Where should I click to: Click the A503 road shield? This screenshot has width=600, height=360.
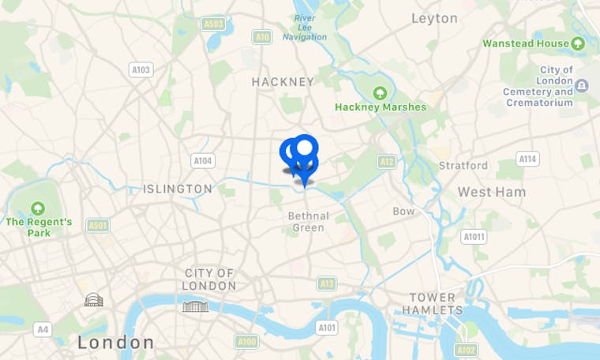click(x=213, y=24)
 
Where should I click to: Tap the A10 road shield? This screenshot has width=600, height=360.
click(x=262, y=37)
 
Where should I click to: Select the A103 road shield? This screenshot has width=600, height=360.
click(x=141, y=70)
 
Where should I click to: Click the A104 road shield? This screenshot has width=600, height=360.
click(x=203, y=161)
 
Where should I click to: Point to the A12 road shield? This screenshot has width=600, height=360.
click(x=387, y=162)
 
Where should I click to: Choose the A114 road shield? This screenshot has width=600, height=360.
click(x=528, y=159)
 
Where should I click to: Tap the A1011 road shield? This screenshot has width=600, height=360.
click(x=474, y=237)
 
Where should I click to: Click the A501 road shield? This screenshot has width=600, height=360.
click(x=98, y=226)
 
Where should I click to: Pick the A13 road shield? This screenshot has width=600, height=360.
click(x=327, y=283)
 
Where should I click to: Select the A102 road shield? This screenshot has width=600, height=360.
click(x=466, y=350)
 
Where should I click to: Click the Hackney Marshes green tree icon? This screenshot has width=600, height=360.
click(x=380, y=93)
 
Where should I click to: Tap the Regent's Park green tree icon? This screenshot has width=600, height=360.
click(x=38, y=208)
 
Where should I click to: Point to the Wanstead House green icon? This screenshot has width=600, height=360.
click(x=580, y=43)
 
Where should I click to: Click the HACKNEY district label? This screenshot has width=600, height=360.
click(x=283, y=82)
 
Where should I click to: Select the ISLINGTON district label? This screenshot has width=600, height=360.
click(x=178, y=189)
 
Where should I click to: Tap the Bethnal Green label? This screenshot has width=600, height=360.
click(x=308, y=222)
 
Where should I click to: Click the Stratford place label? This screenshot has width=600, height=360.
click(x=463, y=166)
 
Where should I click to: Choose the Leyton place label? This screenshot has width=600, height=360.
click(x=434, y=18)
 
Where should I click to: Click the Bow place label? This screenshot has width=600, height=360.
click(x=403, y=212)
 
